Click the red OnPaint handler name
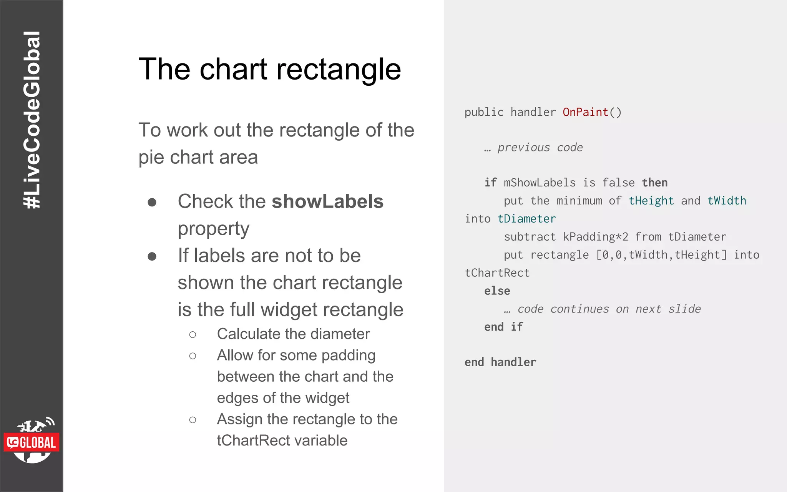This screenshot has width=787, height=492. [x=585, y=112]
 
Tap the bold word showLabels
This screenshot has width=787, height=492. [x=327, y=201]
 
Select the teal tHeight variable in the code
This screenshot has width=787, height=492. [x=651, y=201]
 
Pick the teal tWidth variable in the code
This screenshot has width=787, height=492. [x=727, y=201]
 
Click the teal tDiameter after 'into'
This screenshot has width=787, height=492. [x=526, y=219]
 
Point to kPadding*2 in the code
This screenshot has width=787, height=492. [x=595, y=237]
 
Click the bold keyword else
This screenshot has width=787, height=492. [x=497, y=291]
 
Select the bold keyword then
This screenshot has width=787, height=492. [x=654, y=183]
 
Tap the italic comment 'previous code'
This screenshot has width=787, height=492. [x=540, y=148]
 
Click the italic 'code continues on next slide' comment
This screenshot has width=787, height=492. [x=609, y=309]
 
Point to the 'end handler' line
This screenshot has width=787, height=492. [x=500, y=362]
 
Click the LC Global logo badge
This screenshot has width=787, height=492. [x=32, y=442]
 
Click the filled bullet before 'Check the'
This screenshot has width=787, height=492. [x=152, y=202]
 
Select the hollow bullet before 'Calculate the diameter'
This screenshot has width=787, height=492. [x=193, y=335]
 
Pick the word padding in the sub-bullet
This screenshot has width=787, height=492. [x=348, y=356]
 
